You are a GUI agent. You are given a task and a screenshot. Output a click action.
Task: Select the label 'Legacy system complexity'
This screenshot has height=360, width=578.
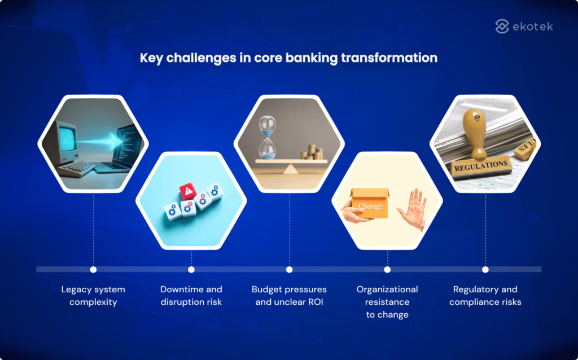[x=93, y=296]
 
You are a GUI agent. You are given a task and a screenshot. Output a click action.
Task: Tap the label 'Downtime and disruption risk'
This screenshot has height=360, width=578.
[x=191, y=296]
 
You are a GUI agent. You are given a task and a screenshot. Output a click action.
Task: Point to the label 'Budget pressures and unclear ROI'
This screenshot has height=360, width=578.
[x=289, y=296]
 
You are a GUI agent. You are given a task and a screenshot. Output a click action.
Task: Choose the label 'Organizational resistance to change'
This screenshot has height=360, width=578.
[x=387, y=302]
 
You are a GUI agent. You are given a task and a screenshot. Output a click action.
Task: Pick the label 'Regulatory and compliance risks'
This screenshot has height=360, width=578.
[x=485, y=296]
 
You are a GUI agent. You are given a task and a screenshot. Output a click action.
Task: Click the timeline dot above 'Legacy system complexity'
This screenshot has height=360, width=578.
[x=93, y=269]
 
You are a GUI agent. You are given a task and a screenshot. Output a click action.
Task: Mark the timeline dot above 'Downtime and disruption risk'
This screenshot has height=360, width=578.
[x=191, y=269]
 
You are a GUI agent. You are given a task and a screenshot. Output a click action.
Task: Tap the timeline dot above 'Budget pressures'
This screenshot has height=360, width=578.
[x=289, y=269]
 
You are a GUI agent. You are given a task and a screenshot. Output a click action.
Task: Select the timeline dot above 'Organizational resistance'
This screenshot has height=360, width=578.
[x=387, y=269]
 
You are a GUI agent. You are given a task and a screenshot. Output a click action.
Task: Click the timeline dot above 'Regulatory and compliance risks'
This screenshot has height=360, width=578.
[x=485, y=269]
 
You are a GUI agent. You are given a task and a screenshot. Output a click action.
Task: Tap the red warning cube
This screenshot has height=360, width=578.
[x=187, y=192]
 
